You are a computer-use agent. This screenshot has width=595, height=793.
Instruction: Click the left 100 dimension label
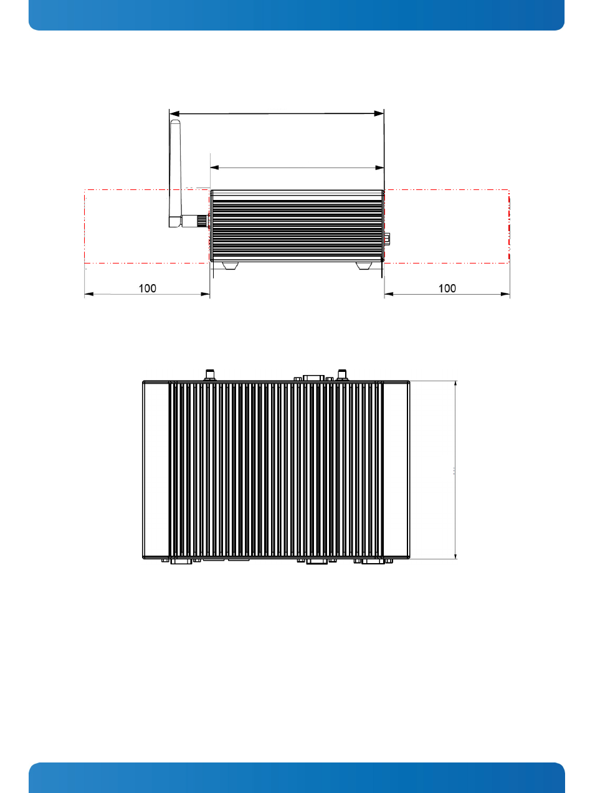tap(148, 288)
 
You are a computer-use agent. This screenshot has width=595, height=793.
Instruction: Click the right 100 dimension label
tap(447, 288)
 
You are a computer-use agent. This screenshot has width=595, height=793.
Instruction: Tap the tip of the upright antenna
tap(175, 120)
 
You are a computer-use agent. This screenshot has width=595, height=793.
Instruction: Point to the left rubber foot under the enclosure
tap(230, 266)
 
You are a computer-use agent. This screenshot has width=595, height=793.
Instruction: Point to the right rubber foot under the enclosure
tap(364, 266)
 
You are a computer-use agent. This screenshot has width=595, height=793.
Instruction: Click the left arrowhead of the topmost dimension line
tap(174, 113)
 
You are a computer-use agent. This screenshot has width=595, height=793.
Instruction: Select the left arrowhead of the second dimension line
tap(214, 168)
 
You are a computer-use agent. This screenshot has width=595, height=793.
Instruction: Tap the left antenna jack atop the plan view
tap(209, 374)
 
